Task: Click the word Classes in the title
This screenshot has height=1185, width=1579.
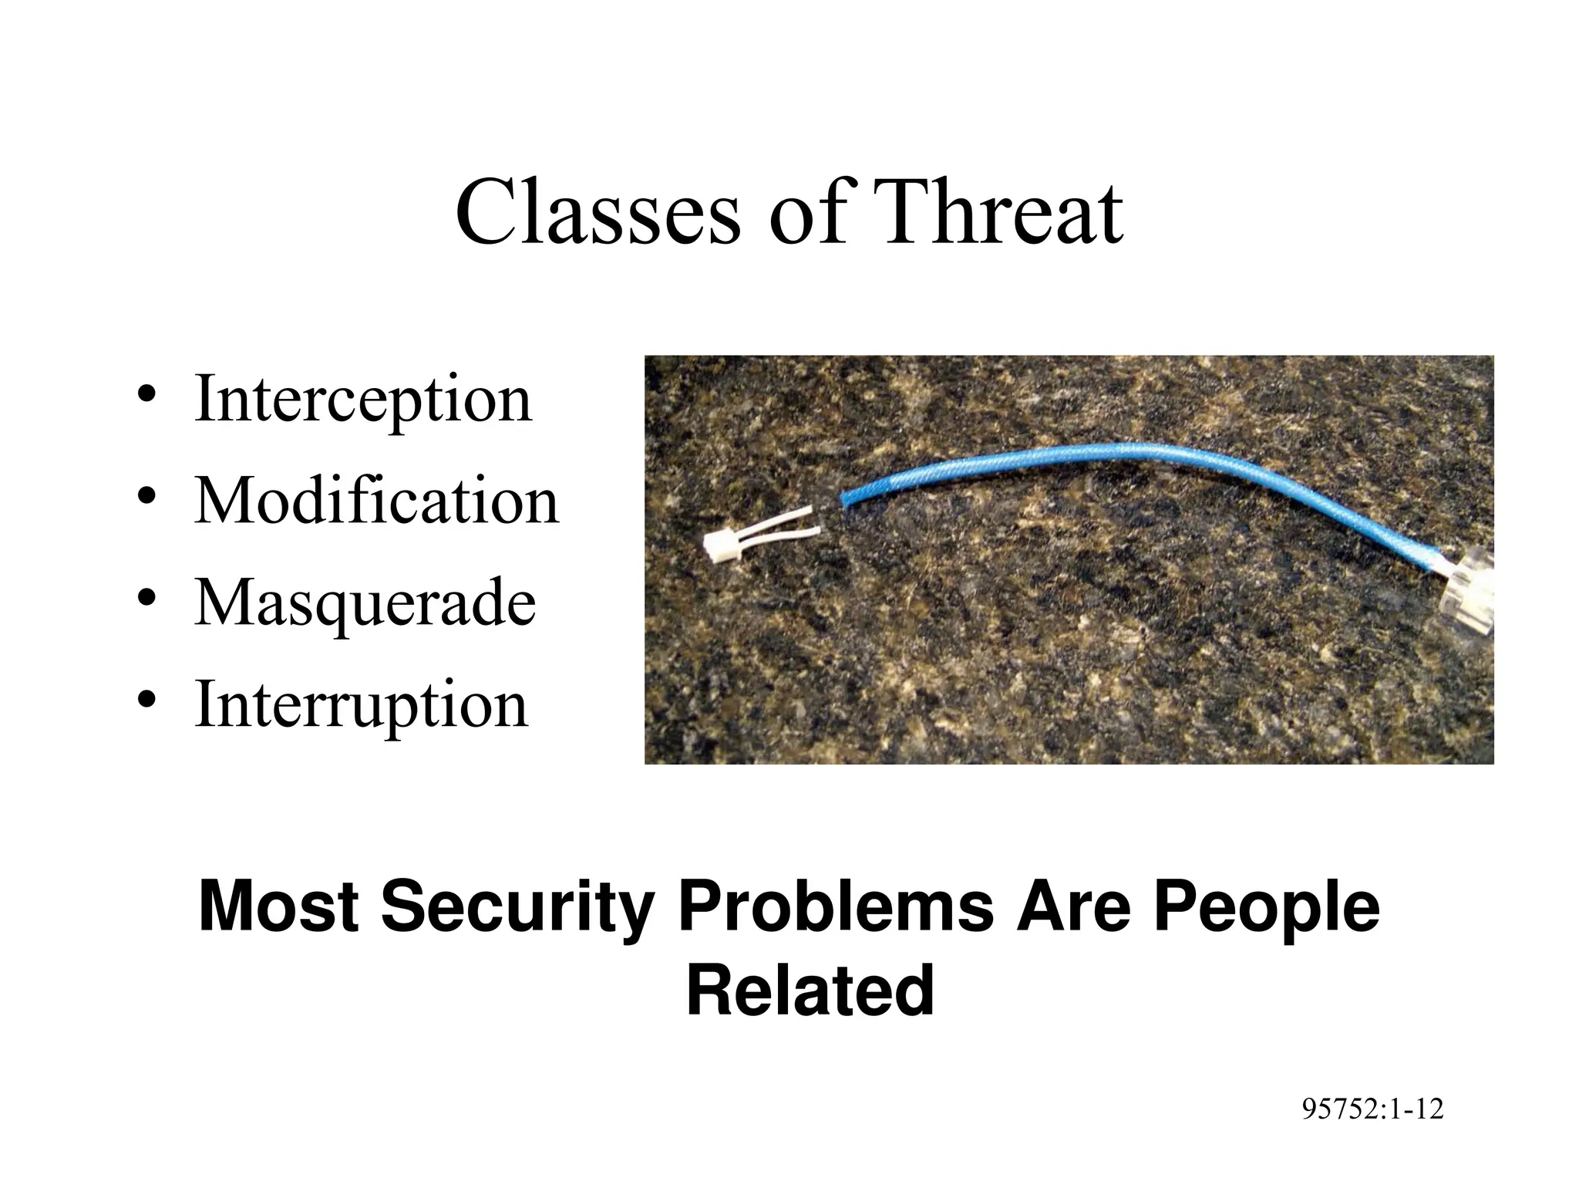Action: tap(598, 212)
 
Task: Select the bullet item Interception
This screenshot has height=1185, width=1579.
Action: tap(362, 400)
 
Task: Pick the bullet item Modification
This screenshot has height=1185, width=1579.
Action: tap(376, 501)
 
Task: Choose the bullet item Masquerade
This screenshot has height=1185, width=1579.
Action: tap(365, 603)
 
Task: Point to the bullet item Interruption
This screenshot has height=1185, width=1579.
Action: tap(361, 704)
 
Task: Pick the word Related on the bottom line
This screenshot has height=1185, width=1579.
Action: tap(810, 991)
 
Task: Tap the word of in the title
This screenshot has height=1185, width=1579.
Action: tap(808, 212)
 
